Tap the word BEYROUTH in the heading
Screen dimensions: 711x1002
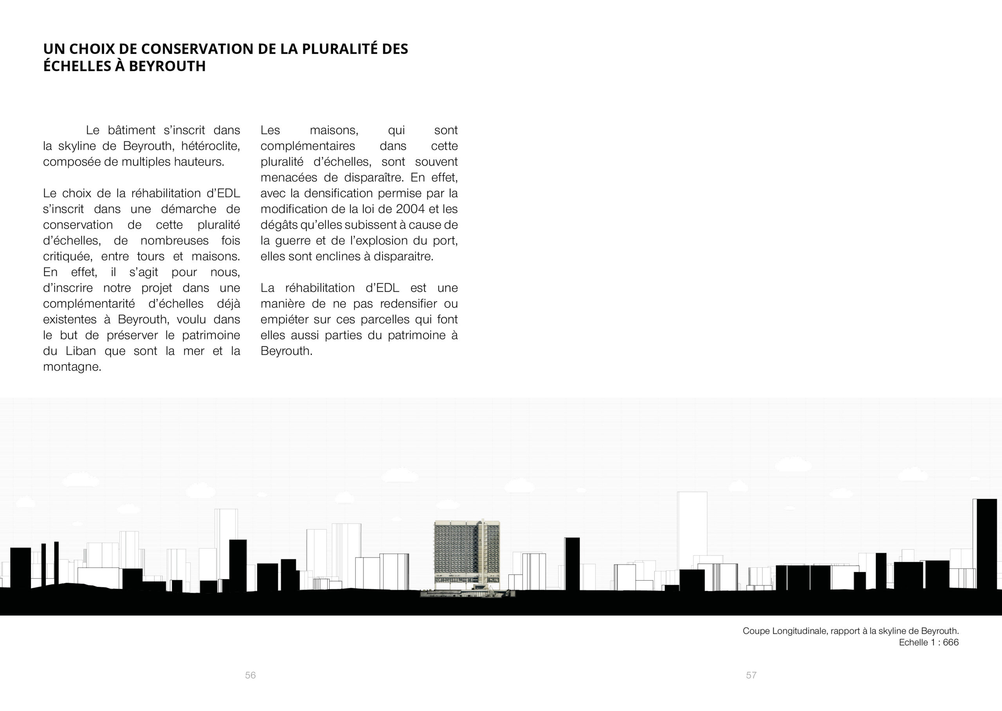coord(167,66)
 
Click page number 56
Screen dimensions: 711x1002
coord(250,675)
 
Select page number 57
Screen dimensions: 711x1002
coord(751,675)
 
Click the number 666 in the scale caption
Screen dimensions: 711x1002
coord(950,642)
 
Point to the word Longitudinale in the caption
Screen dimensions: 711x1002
coord(798,631)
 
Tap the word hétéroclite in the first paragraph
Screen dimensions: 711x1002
coord(211,146)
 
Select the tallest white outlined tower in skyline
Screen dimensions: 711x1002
coord(692,530)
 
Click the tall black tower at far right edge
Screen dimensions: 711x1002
coord(987,543)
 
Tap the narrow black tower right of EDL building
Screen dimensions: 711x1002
coord(572,563)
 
